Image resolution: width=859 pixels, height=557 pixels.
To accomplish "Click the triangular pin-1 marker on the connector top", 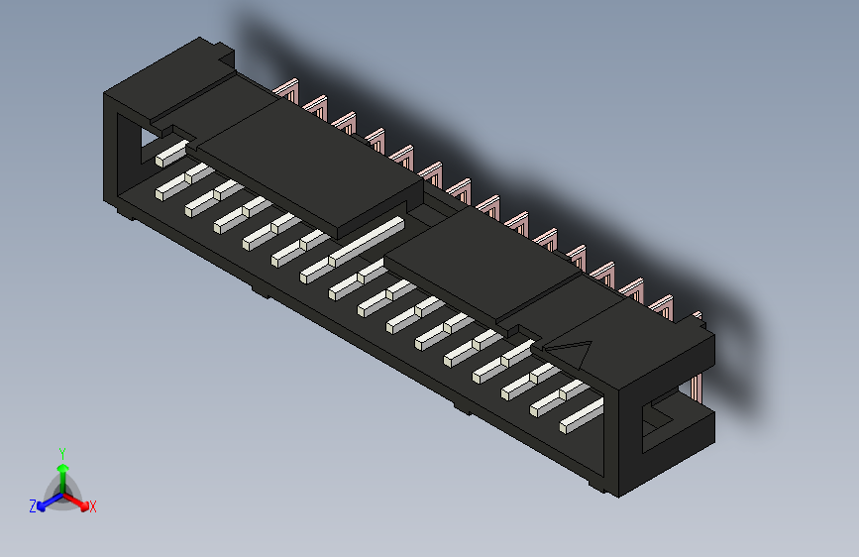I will (x=572, y=351).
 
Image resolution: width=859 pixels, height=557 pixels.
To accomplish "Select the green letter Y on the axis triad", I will (x=62, y=452).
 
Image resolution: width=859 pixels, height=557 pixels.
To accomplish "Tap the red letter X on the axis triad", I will (x=93, y=506).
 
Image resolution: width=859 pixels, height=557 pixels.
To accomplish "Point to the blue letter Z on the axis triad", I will (x=33, y=505).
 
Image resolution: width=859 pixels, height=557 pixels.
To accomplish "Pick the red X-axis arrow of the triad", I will (x=79, y=500).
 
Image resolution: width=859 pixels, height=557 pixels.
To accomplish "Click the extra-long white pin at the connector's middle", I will (x=367, y=240).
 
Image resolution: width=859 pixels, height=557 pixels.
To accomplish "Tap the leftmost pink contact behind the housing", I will (x=288, y=92).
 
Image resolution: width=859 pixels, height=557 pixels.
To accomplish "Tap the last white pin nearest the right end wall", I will (x=582, y=417).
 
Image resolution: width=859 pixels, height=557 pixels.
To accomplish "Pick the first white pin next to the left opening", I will (x=170, y=152).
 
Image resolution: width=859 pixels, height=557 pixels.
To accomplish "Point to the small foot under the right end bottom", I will (x=594, y=487).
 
